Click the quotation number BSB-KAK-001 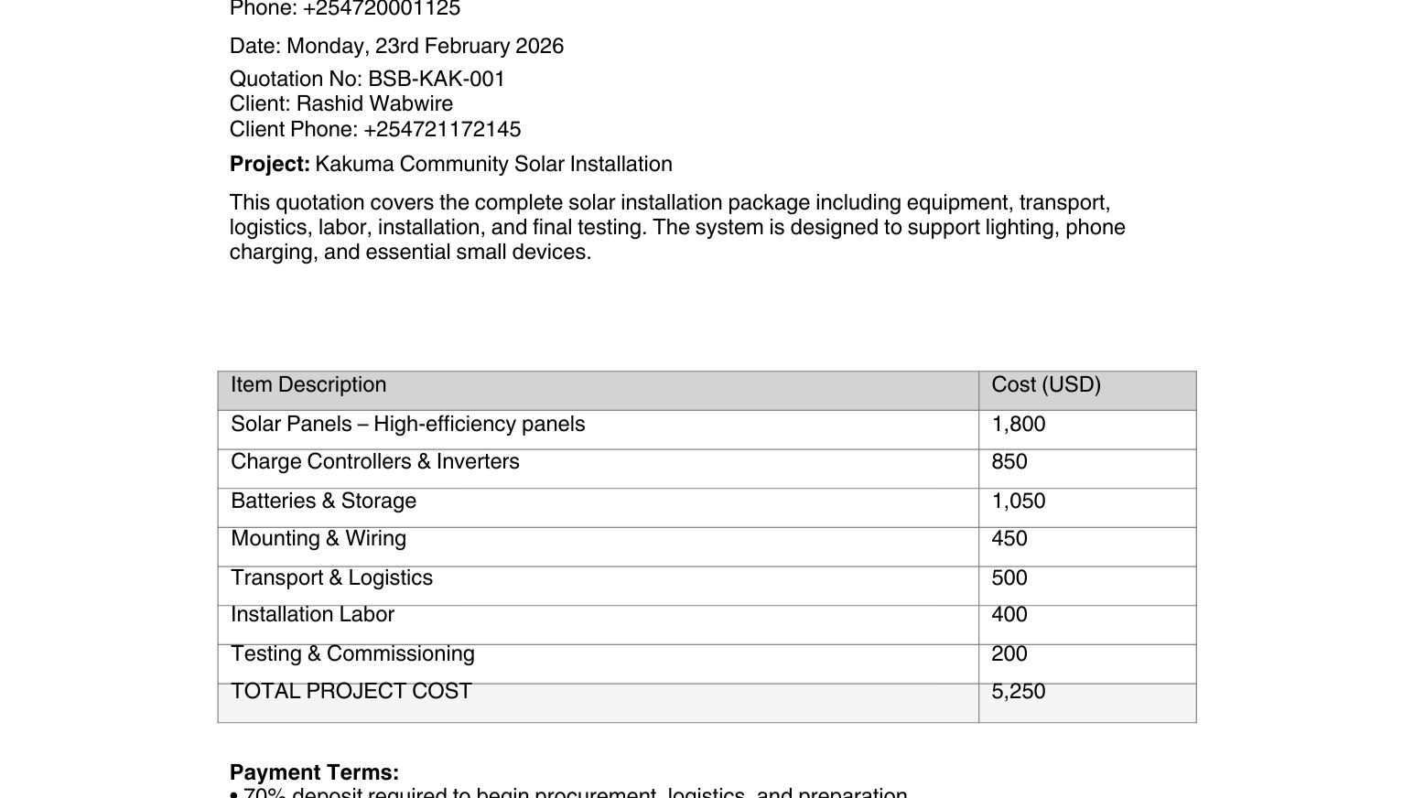click(436, 79)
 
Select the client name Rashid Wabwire click(374, 103)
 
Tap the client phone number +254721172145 click(441, 129)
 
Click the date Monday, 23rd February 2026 click(425, 46)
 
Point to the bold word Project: click(270, 164)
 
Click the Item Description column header click(308, 384)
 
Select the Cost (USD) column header click(1045, 384)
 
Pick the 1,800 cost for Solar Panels click(1018, 424)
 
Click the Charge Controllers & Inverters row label click(374, 461)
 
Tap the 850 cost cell click(1009, 461)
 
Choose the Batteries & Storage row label click(323, 501)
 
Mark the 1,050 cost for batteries click(1018, 501)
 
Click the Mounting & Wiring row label click(318, 538)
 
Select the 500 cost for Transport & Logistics click(1009, 577)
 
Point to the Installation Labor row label click(312, 614)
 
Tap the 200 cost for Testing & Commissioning click(1009, 653)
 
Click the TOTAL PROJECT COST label click(351, 691)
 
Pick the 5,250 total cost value click(1018, 691)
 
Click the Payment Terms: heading click(314, 772)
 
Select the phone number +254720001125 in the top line click(381, 9)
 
